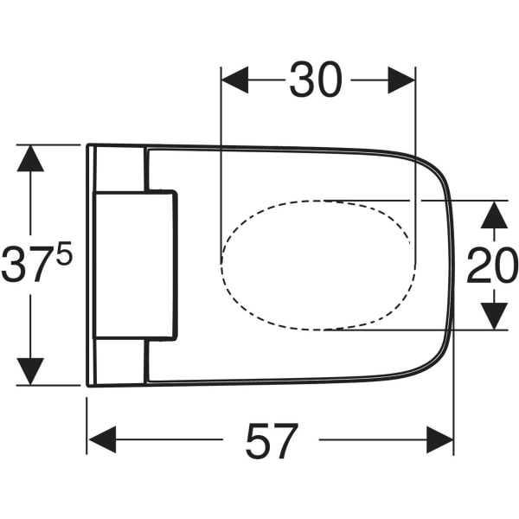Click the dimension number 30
coord(316,80)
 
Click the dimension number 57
coord(272,441)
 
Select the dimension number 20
coord(493,266)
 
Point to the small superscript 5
coord(64,253)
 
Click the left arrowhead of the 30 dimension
coord(234,80)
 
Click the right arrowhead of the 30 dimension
coord(401,80)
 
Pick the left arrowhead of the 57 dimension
coord(102,439)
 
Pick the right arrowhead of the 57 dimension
coord(440,439)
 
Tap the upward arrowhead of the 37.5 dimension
coord(30,158)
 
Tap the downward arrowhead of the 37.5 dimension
coord(30,371)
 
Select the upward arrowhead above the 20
coord(494,215)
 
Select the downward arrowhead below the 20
coord(494,316)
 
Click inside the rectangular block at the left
coord(134,266)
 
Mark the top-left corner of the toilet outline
coord(87,144)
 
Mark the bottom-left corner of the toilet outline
coord(87,386)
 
